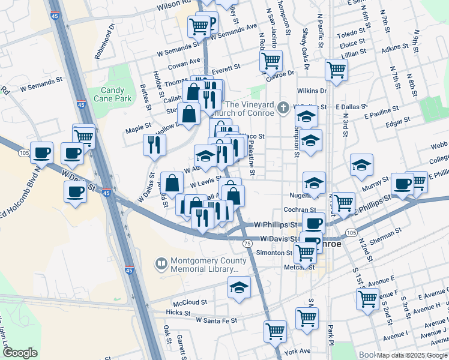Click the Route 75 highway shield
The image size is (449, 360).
click(247, 243)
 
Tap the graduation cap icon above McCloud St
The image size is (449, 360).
click(239, 288)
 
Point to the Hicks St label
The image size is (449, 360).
click(178, 313)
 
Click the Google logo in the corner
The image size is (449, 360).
click(20, 353)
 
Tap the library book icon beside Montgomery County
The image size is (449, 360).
click(161, 263)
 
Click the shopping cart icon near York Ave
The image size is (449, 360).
click(275, 330)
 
